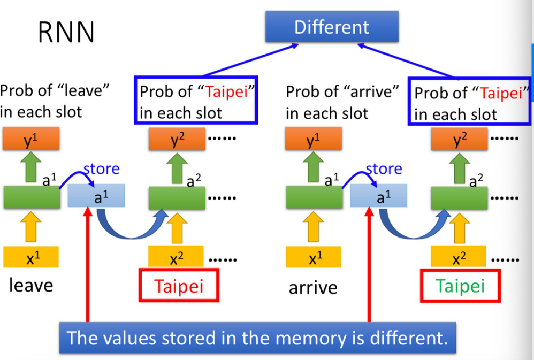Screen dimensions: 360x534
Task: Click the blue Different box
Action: coord(332,27)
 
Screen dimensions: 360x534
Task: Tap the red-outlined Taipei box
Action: coord(179,286)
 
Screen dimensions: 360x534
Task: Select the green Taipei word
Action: coord(460,286)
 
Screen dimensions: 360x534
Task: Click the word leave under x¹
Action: coord(31,285)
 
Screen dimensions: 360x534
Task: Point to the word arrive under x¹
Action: coord(313,288)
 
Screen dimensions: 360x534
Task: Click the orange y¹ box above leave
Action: coord(31,140)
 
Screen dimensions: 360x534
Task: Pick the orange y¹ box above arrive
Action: coord(314,140)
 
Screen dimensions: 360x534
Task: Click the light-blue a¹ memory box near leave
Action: coord(96,196)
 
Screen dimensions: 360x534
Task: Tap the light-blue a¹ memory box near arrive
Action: coord(379,196)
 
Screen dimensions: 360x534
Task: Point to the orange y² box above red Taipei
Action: coord(176,140)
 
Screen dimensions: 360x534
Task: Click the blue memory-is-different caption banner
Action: coord(257,338)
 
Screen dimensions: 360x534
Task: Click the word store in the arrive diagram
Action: coord(384,169)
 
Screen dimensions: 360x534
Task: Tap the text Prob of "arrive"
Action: coord(342,91)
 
